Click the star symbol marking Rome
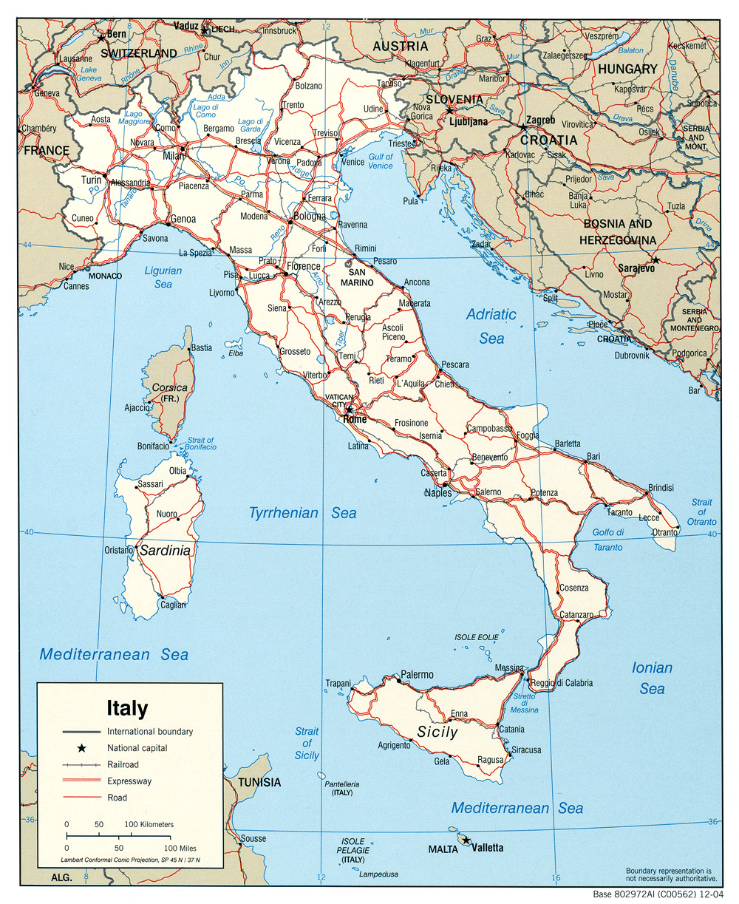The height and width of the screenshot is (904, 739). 350,409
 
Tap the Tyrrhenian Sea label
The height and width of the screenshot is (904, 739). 302,513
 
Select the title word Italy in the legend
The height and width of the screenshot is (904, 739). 127,708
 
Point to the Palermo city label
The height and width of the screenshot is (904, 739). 417,674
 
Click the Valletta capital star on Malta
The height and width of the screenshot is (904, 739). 466,840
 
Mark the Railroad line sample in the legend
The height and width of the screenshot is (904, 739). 81,765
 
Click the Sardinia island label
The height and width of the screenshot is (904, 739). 166,550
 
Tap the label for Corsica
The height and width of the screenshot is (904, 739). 169,387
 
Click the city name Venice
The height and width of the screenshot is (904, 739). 353,162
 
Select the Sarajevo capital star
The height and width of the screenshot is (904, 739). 655,260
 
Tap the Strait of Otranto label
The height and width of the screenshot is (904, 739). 701,512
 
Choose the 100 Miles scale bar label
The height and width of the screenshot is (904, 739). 180,849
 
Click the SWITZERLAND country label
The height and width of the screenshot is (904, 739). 139,53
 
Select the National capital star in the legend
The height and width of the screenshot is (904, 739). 81,748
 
